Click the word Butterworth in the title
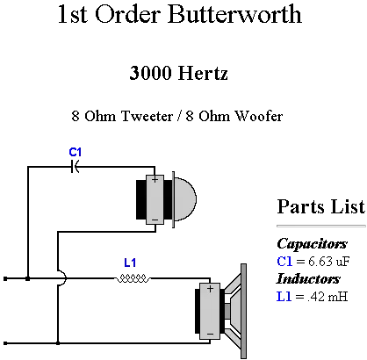(x=234, y=14)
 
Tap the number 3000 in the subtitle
(x=150, y=73)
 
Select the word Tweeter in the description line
(x=147, y=116)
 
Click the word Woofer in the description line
(x=259, y=116)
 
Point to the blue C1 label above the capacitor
(x=76, y=152)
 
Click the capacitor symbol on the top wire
(x=75, y=167)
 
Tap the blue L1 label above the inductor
(x=130, y=263)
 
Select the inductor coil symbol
(x=133, y=278)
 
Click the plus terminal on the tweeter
(x=155, y=179)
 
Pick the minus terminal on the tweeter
(x=155, y=220)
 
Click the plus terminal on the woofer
(x=210, y=289)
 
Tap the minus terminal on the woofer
(x=210, y=334)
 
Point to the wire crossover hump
(x=63, y=278)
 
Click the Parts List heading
(x=321, y=206)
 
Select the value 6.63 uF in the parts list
(x=329, y=261)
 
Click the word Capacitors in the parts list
(x=312, y=244)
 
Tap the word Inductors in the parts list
(x=308, y=278)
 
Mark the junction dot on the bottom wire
(x=58, y=343)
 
